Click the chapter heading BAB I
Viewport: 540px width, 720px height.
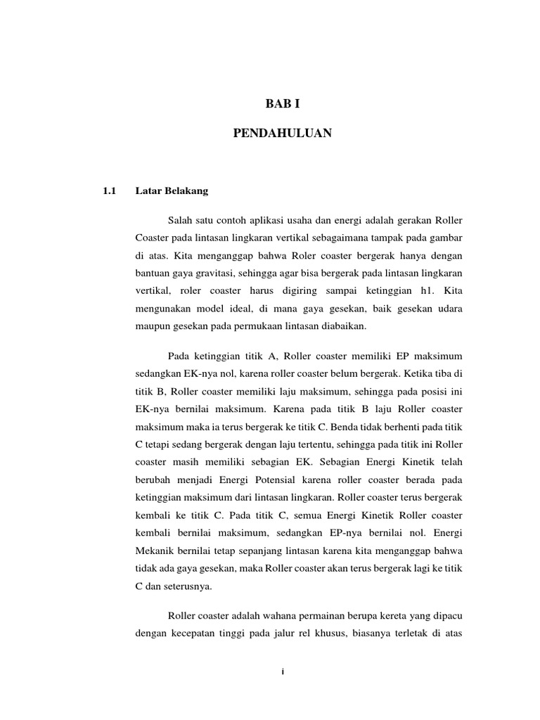pos(283,105)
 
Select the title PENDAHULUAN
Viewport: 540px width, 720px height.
pos(283,133)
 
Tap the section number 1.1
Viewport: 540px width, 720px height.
pos(108,190)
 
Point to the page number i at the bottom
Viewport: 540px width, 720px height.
pos(282,672)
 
